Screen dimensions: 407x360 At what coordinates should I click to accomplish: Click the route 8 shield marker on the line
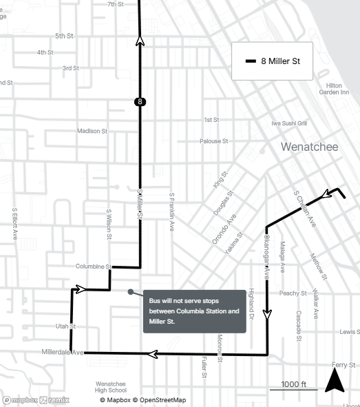click(x=140, y=102)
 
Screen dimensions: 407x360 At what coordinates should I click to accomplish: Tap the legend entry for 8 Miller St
click(x=272, y=61)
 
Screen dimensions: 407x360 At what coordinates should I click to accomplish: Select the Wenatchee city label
click(x=309, y=147)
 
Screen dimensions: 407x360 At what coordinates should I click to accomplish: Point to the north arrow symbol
click(x=335, y=380)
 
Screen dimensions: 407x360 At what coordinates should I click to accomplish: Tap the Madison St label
click(x=92, y=131)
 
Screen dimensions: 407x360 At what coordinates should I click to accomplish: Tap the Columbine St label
click(x=94, y=267)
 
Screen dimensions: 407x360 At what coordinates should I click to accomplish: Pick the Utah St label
click(x=65, y=326)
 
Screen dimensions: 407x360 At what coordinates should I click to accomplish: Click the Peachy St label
click(x=293, y=293)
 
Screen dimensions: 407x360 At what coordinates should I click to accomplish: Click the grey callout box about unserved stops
click(x=194, y=311)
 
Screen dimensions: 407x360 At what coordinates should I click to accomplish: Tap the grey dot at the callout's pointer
click(x=130, y=291)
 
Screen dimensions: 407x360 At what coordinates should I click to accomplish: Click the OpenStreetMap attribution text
click(x=159, y=400)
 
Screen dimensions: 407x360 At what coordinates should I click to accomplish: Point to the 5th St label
click(x=64, y=36)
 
